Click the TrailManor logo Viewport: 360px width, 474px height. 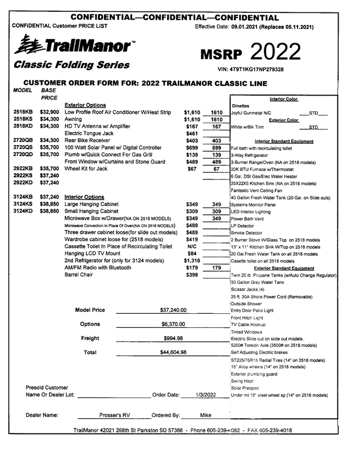tap(73, 44)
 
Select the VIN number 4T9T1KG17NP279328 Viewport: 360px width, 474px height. tap(257, 69)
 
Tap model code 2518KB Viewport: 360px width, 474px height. tap(23, 112)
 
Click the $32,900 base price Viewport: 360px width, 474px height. tap(49, 112)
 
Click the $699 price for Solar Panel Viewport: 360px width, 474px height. tap(192, 147)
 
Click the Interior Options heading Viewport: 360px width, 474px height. tap(84, 197)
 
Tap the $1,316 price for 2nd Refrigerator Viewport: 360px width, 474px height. tap(192, 261)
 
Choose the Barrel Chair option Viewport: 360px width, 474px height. tap(79, 275)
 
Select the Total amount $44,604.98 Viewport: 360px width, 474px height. tap(173, 353)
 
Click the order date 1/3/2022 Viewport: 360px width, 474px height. tap(206, 395)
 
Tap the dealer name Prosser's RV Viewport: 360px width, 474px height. tap(114, 416)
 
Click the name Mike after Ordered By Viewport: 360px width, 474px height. tap(206, 416)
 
